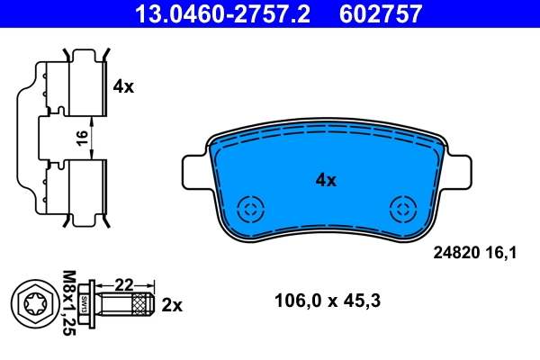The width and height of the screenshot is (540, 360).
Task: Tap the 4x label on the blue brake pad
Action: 325,180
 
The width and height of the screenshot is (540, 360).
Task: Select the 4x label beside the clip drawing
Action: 123,86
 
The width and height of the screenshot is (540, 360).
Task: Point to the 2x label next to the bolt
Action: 172,305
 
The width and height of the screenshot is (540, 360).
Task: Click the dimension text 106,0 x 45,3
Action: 327,301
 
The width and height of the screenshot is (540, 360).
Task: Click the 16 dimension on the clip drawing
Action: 82,137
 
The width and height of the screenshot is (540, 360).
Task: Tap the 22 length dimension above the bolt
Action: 124,285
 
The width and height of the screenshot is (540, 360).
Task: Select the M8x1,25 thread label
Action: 67,302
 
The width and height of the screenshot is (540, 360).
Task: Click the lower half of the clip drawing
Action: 67,189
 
